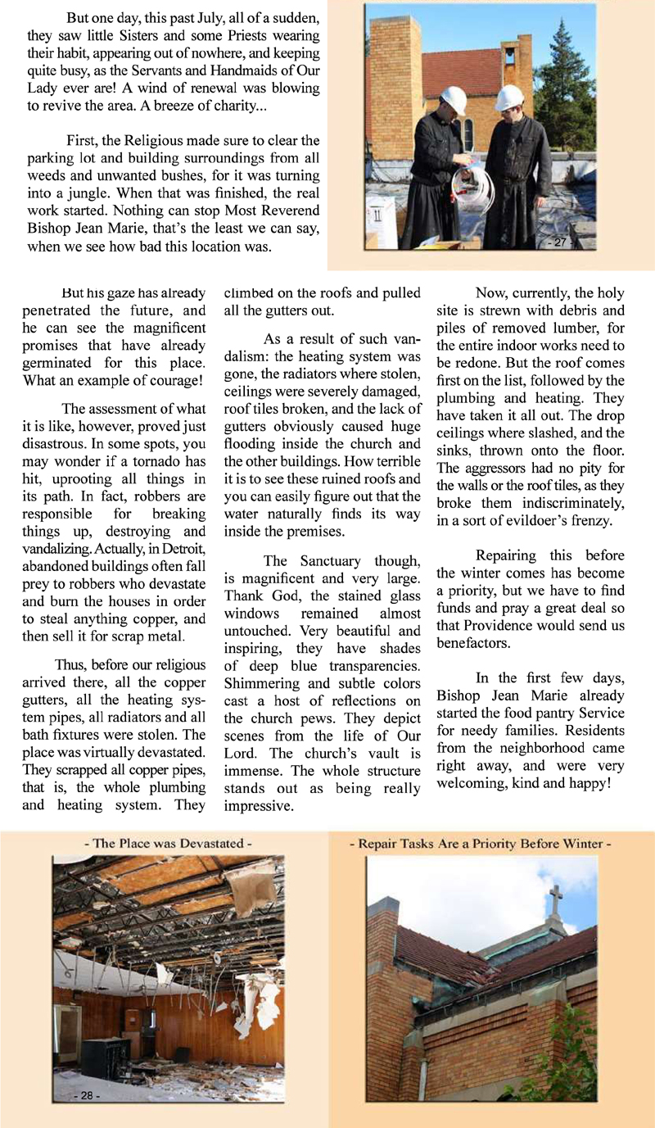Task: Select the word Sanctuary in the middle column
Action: pos(322,561)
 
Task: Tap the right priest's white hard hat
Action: pos(509,97)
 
